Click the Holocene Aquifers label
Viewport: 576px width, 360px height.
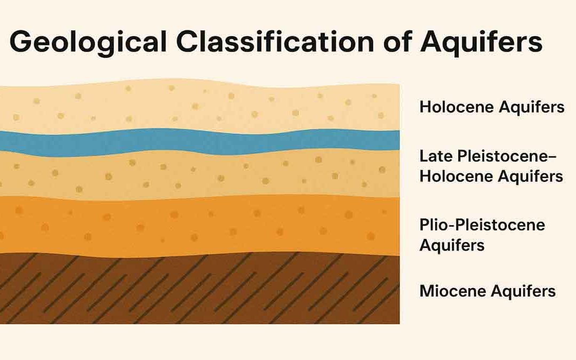coord(492,107)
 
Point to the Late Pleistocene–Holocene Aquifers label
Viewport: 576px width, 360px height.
coord(491,166)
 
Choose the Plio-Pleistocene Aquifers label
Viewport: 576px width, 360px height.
coord(482,235)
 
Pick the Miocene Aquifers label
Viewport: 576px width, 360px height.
coord(487,291)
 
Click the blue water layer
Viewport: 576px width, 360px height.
coord(200,141)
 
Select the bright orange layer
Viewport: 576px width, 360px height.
coord(200,227)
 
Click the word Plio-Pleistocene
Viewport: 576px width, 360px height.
coord(482,225)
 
